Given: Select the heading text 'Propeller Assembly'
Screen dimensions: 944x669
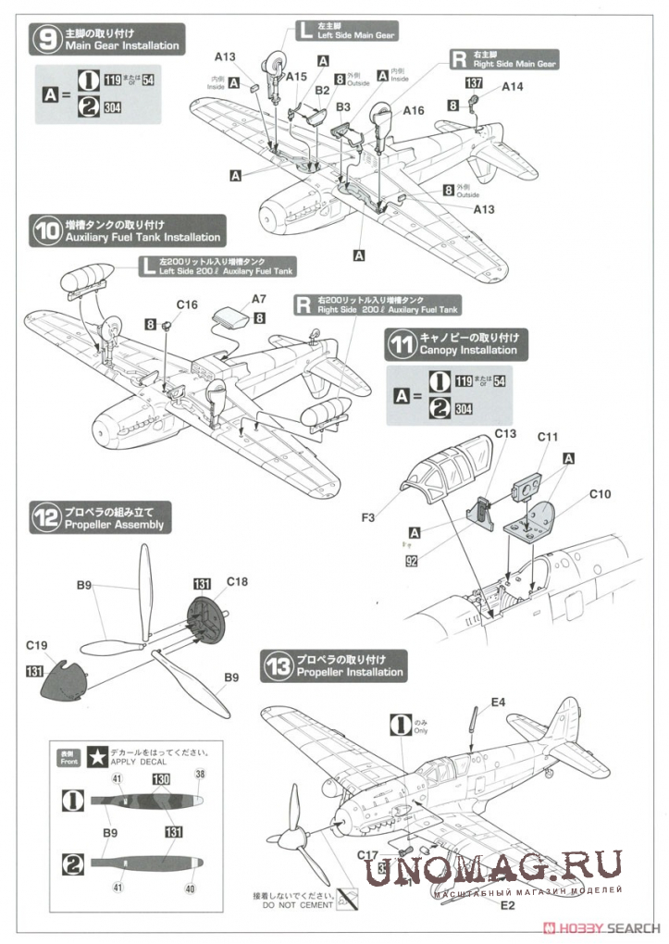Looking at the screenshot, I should [114, 525].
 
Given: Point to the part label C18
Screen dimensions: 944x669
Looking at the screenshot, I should [238, 582].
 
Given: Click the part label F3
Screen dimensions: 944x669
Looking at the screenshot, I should [367, 516].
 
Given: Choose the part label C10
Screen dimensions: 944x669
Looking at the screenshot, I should [601, 495].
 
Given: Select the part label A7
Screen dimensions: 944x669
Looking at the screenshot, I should [258, 299].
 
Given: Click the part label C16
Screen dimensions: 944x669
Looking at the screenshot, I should [187, 304].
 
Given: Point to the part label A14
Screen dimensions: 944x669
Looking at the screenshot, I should [513, 86].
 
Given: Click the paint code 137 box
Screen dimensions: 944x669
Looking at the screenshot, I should [474, 83].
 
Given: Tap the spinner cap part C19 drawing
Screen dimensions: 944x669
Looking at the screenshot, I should [63, 681].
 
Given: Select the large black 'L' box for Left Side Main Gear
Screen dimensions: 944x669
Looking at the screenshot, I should [306, 31].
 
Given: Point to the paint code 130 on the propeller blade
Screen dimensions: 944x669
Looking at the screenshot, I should [161, 780].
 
